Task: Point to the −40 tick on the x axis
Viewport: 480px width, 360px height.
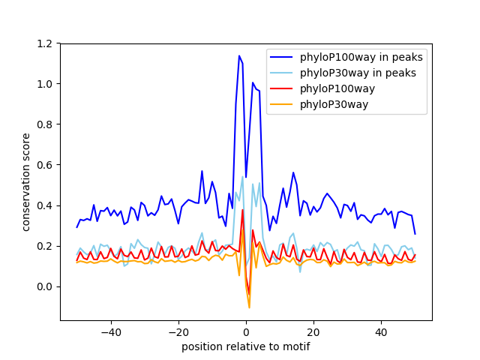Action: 111,331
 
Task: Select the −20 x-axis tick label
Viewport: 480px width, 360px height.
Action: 178,331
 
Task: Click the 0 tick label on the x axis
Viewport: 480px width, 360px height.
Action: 246,331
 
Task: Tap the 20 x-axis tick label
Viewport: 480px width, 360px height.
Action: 313,331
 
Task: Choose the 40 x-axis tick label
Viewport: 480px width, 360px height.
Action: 381,331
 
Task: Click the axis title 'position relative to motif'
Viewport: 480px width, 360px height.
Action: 245,346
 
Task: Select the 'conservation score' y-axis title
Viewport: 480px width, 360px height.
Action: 26,181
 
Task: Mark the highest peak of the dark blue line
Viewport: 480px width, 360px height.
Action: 239,55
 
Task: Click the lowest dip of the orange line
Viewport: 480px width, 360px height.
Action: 249,307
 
